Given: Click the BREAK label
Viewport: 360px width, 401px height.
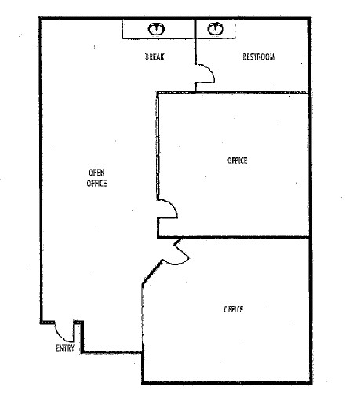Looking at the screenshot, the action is [x=155, y=57].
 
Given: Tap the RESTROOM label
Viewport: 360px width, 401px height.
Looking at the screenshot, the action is [x=259, y=57].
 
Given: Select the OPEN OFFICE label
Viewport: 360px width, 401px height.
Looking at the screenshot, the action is [x=96, y=178].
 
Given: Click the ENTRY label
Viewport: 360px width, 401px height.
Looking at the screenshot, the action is [x=65, y=348].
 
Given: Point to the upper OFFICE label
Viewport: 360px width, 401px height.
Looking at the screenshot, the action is [x=237, y=160].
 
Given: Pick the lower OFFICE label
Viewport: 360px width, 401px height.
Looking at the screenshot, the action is [x=234, y=309].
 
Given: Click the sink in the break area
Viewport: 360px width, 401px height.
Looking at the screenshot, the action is [x=156, y=29].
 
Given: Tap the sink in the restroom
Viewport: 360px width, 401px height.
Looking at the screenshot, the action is [x=216, y=28].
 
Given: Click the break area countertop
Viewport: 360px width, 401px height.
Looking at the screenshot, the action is [x=158, y=29].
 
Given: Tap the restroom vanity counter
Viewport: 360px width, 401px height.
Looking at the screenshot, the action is [x=216, y=29].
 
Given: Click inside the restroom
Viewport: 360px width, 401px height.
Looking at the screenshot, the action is [x=261, y=73].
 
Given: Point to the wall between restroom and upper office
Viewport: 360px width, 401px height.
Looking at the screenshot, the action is [x=252, y=93].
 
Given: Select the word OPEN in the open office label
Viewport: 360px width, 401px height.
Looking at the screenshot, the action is [x=96, y=173].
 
